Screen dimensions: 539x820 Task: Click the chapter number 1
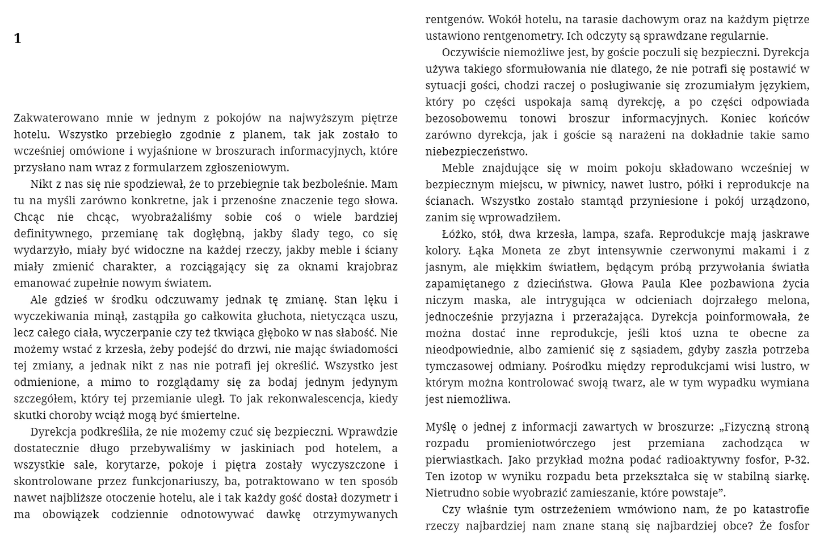18,39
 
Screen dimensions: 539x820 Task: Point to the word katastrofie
779,509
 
